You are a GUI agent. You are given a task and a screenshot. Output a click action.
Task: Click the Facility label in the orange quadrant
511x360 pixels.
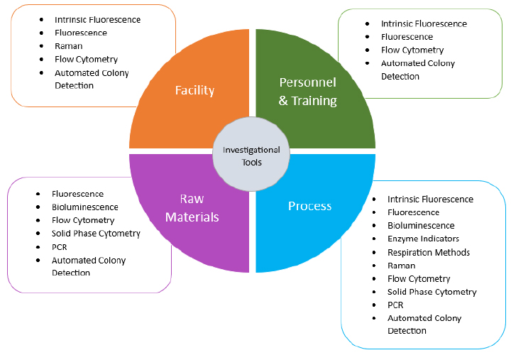tap(194, 90)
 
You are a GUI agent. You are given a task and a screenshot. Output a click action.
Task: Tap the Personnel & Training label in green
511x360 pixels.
tap(307, 91)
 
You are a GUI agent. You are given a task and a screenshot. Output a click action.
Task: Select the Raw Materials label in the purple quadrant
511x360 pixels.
tap(191, 207)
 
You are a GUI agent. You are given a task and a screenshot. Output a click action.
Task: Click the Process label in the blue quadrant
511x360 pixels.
tap(309, 206)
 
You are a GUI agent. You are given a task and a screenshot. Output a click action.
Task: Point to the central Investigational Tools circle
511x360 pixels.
tap(251, 156)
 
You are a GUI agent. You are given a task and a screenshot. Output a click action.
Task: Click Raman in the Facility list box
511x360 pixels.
tap(69, 46)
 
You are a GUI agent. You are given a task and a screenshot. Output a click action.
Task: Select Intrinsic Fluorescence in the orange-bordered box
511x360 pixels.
tap(97, 20)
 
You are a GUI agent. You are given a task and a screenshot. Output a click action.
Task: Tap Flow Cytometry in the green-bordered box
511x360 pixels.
tap(412, 50)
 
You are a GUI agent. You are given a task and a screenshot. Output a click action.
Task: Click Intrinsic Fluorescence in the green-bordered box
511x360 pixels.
tap(424, 23)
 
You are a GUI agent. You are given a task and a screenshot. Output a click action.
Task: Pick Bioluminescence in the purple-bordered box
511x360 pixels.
tap(84, 207)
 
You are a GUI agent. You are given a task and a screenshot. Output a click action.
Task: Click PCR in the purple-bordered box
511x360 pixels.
tap(60, 247)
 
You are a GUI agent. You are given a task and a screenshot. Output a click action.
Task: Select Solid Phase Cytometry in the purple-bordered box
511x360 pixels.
tap(96, 234)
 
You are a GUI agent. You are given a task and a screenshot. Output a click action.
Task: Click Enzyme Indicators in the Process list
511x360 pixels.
tap(423, 239)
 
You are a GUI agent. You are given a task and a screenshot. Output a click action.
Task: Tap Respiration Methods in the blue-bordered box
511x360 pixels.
tap(428, 252)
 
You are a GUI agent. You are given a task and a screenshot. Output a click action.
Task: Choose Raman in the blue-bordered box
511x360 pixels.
tap(401, 266)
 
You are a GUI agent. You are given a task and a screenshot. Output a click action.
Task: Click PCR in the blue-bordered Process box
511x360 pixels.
tap(395, 305)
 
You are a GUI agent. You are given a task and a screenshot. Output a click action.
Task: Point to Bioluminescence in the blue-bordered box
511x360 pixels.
tap(421, 226)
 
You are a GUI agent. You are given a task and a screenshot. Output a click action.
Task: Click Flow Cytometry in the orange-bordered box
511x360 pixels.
tap(86, 60)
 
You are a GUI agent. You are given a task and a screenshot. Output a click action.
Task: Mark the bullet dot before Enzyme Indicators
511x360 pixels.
tap(374, 239)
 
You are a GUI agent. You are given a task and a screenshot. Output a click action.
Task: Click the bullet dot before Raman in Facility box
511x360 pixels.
tap(42, 46)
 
